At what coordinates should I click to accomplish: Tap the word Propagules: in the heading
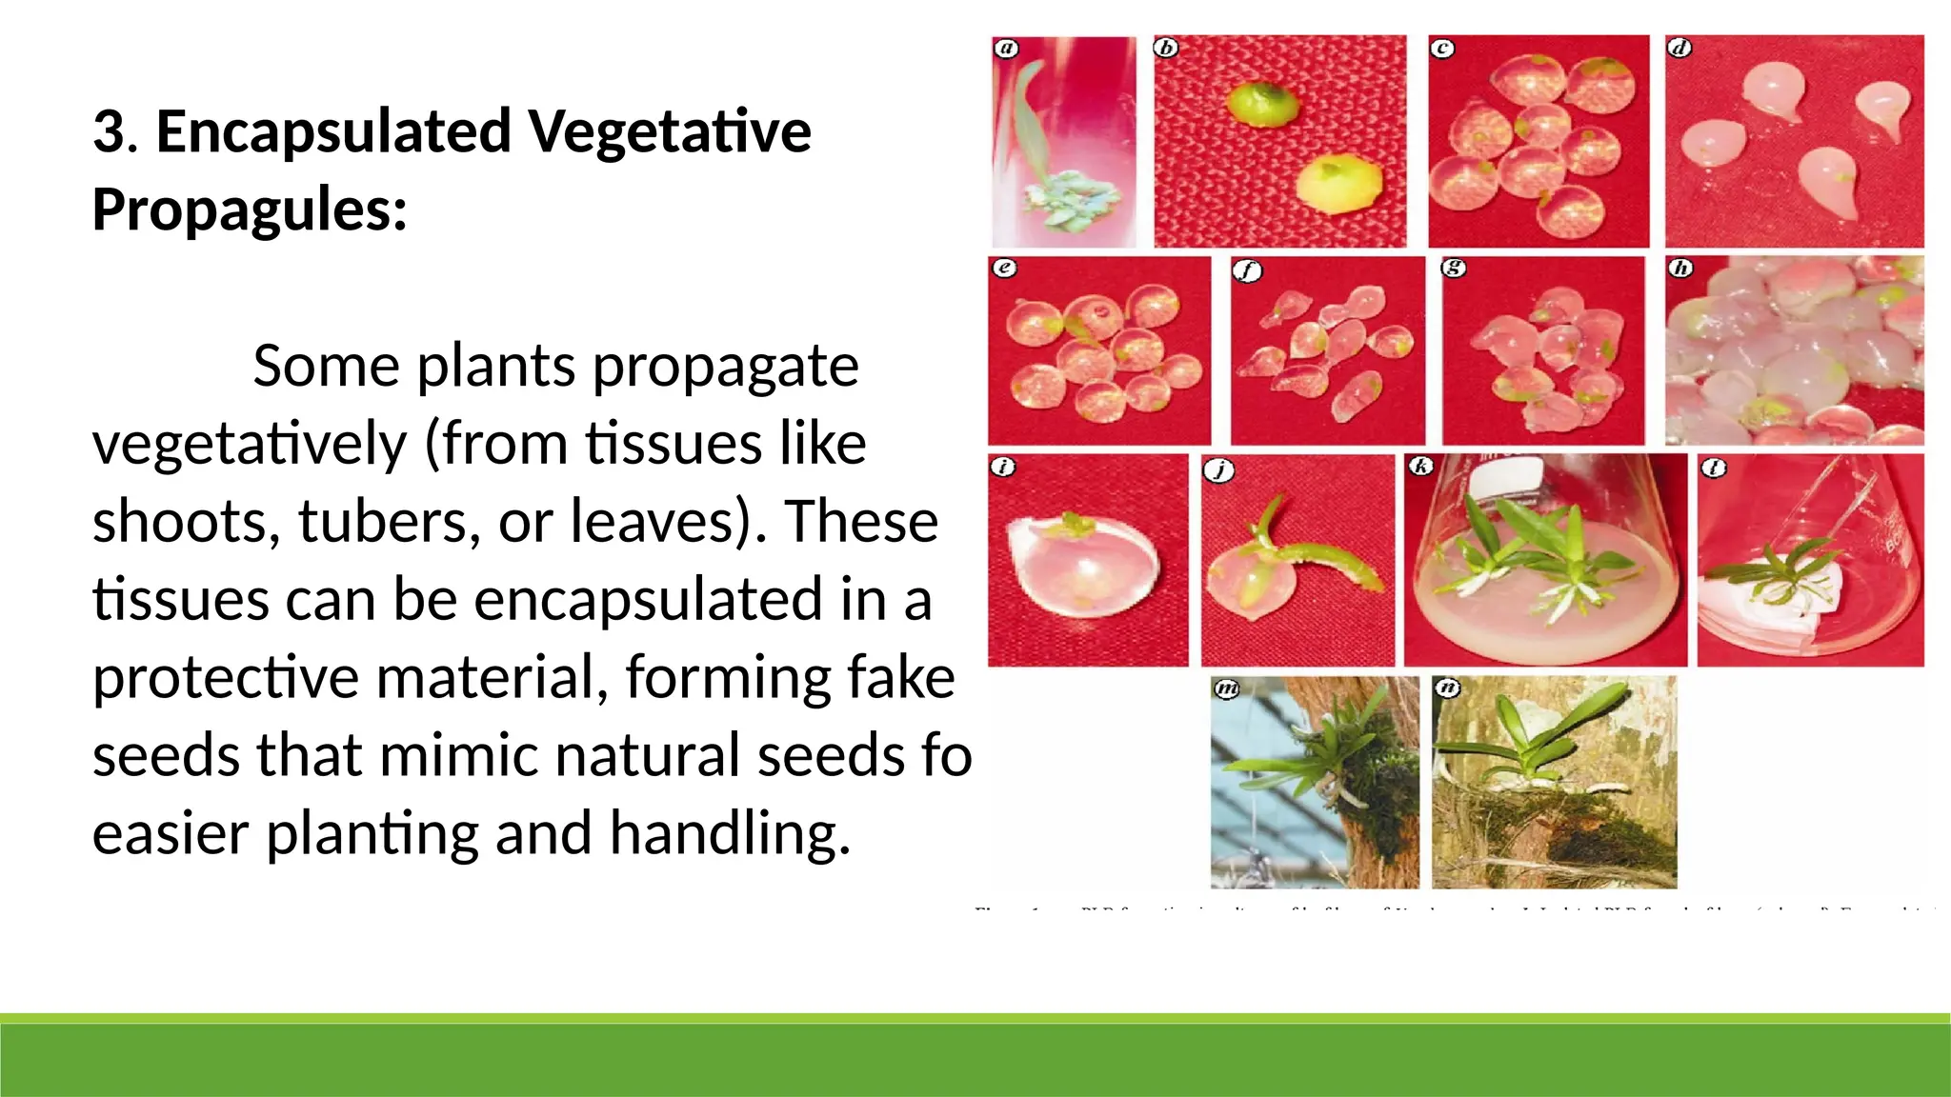click(250, 209)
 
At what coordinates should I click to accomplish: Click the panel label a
click(1006, 49)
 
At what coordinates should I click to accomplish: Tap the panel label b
click(1166, 48)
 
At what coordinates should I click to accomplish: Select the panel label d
click(1679, 48)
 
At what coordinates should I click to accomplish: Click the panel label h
click(1680, 268)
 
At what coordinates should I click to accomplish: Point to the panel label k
click(1420, 467)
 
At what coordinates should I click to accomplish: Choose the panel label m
click(1227, 688)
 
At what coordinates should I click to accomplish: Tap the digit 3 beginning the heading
click(108, 131)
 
